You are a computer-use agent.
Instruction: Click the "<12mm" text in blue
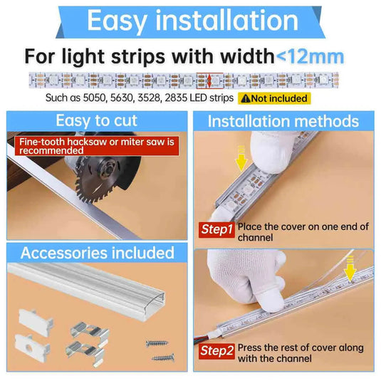(310, 57)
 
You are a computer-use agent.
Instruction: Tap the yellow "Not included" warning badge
(274, 98)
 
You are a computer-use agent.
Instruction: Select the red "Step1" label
(216, 229)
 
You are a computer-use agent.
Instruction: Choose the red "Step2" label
(216, 351)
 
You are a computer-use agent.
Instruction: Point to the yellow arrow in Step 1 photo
(241, 158)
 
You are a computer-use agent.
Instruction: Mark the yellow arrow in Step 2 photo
(350, 269)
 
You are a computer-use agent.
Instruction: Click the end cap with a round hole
(32, 348)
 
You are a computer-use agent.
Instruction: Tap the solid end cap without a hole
(36, 323)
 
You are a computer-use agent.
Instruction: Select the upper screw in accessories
(157, 343)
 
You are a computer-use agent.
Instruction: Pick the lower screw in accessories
(163, 357)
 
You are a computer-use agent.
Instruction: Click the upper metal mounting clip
(90, 331)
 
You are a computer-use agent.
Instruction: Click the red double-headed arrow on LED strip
(209, 80)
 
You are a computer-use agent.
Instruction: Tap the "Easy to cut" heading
(96, 120)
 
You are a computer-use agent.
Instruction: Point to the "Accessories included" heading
(97, 253)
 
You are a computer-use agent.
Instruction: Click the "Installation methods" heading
(283, 121)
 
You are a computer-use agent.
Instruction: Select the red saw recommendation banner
(97, 146)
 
